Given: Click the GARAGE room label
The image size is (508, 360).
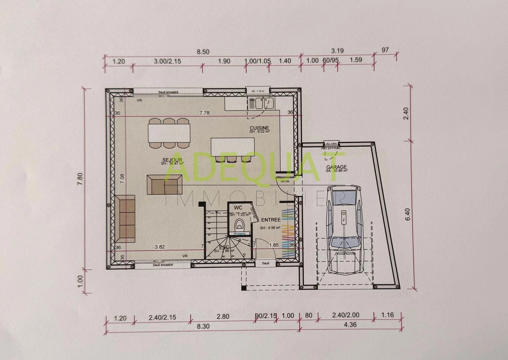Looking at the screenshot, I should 336,167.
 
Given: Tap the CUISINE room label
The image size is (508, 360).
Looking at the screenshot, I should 259,128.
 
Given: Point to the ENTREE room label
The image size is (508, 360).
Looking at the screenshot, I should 271,220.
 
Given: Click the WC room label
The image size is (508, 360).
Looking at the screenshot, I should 238,208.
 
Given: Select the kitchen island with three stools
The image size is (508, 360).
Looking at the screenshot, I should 232,147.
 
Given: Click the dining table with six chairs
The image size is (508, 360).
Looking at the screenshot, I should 169,133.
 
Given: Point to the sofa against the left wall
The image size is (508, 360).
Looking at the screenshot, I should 125,219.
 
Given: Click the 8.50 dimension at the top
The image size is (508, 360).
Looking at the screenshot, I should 203,52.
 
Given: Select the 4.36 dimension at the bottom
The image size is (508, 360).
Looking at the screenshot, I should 350,325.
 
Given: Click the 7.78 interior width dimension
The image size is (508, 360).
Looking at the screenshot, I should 204,113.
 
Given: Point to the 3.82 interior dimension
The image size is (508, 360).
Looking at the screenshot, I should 160,247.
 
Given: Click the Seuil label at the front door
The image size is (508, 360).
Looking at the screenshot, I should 266,263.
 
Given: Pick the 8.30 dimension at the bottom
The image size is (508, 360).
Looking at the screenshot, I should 203,326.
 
